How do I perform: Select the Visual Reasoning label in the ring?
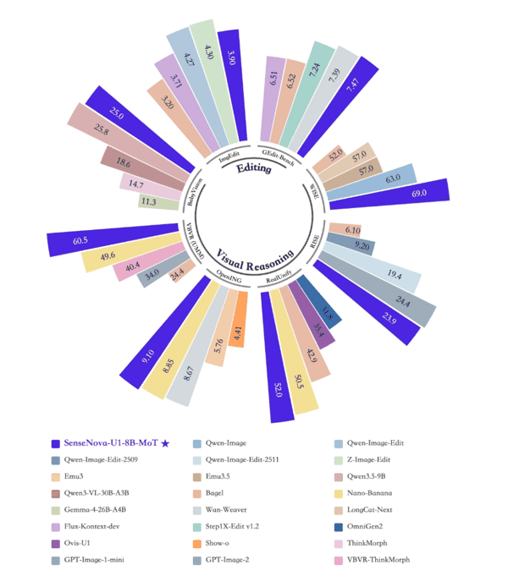coord(254,255)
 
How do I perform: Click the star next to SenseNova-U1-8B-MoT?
coord(165,442)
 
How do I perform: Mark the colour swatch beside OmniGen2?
coord(339,526)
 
